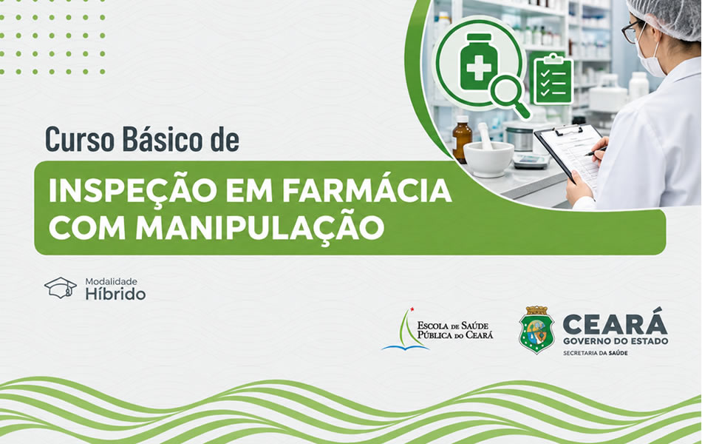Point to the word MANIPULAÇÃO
coord(259,227)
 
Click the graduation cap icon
coord(61,287)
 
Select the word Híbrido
coord(115,295)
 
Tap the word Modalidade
coord(111,282)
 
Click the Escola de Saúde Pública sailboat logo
coord(406,329)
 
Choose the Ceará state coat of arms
coord(536,329)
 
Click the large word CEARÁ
coord(615,322)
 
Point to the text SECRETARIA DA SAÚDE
coord(595,354)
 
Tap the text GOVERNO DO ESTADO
coord(615,341)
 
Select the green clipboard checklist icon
coord(553,78)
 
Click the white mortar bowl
coord(488,158)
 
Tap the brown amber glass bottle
coord(462,139)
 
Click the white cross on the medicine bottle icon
coord(479,68)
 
